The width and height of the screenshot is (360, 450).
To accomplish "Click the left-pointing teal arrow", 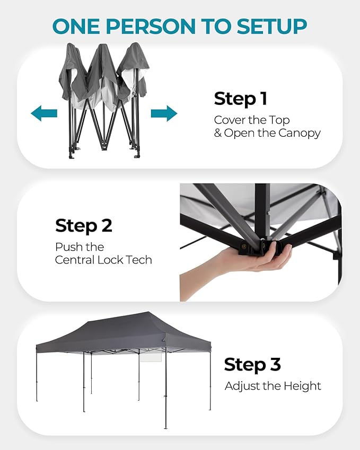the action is click(43, 113).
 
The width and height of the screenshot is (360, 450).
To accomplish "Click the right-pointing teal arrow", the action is click(164, 113).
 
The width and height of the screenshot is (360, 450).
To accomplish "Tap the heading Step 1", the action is click(241, 99).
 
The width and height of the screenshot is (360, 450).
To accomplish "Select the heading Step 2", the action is click(84, 226).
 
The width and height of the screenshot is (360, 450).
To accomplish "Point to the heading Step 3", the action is click(252, 365).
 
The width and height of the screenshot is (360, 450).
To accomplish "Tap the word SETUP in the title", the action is click(271, 26).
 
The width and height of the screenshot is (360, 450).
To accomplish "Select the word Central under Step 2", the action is click(75, 260).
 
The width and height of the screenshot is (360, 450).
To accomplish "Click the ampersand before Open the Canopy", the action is click(218, 133).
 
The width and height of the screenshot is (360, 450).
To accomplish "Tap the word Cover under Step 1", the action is click(230, 120).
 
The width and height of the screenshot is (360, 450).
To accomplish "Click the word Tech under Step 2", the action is click(139, 260).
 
